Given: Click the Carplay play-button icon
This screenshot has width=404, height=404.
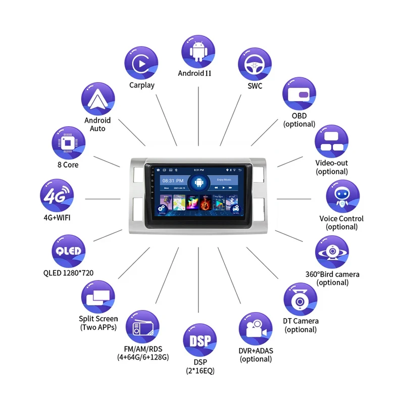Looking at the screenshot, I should point(141,63).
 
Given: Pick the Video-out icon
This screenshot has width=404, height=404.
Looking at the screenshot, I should point(332,141).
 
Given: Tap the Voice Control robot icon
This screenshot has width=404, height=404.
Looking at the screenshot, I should point(342,196).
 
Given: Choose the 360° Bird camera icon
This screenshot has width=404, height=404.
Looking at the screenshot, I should point(332,252).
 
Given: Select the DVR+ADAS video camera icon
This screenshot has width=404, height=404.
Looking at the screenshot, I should point(256,329).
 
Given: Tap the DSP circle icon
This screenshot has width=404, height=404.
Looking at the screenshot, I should point(199,341).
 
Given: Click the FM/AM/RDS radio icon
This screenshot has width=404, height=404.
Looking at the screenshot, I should point(142,328).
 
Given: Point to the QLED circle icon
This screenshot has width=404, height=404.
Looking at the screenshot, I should point(68,251).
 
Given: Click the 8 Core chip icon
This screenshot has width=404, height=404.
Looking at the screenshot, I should point(68,143).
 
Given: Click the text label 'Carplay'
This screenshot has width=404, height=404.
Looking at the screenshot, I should point(141,85).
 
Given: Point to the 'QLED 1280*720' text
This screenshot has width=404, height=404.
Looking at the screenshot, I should point(68,273).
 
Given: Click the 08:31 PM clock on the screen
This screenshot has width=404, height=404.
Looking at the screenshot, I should point(169,180).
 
